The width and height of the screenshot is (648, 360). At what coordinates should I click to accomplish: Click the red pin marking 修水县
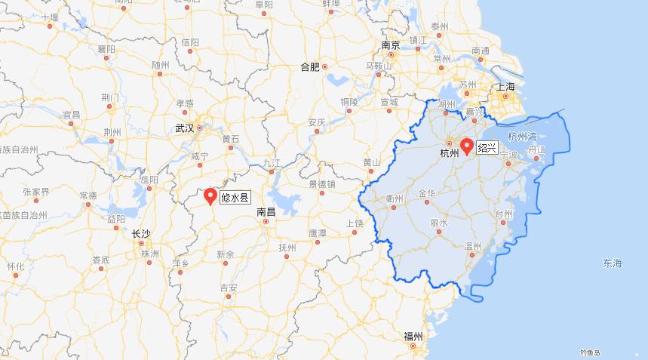[210, 196]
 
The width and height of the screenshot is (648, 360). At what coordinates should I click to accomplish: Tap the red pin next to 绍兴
[466, 146]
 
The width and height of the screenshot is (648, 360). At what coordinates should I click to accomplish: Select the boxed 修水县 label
[235, 198]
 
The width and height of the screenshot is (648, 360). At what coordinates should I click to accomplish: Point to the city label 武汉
[184, 128]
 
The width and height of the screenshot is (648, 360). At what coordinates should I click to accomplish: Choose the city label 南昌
[266, 212]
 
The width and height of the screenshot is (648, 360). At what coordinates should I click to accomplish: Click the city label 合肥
[310, 66]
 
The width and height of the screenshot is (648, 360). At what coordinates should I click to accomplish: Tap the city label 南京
[390, 45]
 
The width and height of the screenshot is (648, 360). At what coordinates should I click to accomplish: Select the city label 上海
[505, 88]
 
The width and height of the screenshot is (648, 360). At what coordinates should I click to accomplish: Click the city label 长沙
[140, 234]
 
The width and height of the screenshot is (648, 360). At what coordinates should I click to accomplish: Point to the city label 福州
[413, 336]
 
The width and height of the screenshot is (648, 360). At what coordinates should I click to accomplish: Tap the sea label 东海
[613, 263]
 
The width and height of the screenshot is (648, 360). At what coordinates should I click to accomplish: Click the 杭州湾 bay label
[522, 137]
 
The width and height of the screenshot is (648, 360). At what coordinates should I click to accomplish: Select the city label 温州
[473, 246]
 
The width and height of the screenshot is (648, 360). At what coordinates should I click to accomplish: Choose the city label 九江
[272, 163]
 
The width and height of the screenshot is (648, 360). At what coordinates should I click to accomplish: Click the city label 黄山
[371, 162]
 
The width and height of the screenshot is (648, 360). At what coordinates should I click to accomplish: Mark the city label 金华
[426, 193]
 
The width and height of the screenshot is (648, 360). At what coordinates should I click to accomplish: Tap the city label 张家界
[35, 192]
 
